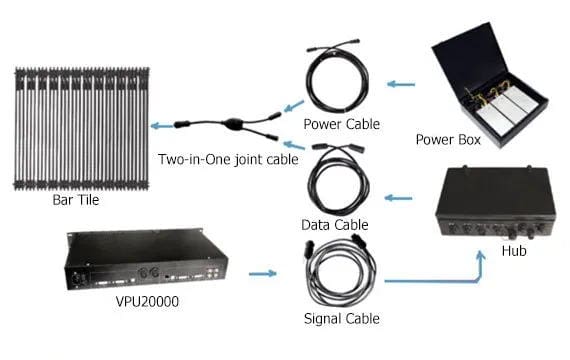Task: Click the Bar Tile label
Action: point(76,200)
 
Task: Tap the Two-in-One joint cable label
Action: point(228,159)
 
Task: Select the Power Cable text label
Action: point(342,124)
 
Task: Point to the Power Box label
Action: point(448,140)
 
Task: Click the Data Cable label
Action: point(335,225)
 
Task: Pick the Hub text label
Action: point(514,251)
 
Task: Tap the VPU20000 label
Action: point(147,301)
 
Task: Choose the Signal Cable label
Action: point(342,319)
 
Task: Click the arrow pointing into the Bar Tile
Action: point(162,126)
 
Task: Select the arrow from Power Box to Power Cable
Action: point(401,84)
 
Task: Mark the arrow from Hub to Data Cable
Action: point(398,198)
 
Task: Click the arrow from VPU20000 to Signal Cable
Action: point(263,273)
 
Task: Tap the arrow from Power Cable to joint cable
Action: point(294,106)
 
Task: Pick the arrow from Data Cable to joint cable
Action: point(294,145)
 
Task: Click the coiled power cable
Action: point(337,79)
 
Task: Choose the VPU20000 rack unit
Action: point(146,259)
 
